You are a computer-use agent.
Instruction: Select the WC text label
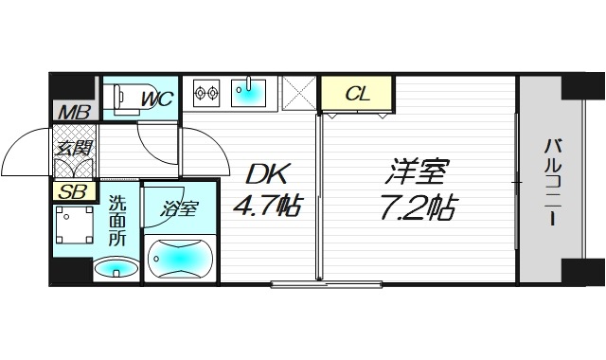155,97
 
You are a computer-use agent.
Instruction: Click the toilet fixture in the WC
117,97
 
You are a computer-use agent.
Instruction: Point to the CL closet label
356,93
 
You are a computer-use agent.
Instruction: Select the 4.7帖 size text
267,205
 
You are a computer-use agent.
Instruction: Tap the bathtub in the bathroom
181,257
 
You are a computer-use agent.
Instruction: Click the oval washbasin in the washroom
116,269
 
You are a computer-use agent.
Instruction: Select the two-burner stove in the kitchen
207,92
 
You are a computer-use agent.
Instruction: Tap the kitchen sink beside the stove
248,92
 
